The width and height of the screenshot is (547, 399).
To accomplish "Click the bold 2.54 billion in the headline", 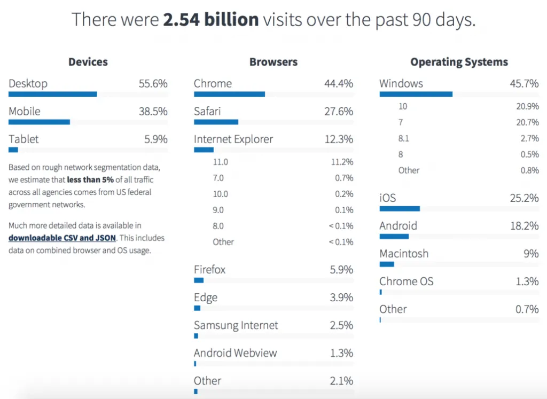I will click(x=211, y=20).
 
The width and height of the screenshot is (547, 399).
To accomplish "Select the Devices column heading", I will click(x=88, y=62).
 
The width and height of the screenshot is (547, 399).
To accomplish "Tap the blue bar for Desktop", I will click(x=53, y=94).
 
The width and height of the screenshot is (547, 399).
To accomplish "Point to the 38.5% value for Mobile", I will click(x=152, y=111).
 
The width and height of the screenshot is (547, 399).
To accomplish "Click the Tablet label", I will click(x=24, y=139).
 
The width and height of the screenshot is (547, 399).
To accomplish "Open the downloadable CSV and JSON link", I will click(x=62, y=238).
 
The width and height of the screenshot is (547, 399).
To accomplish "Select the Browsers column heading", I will click(x=273, y=62).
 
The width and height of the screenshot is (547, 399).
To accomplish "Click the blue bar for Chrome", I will click(x=229, y=94).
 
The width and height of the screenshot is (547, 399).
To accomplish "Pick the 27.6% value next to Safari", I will click(x=339, y=111).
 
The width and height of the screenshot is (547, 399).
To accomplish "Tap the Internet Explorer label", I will click(x=233, y=139).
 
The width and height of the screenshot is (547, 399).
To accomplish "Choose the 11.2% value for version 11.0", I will click(x=342, y=162).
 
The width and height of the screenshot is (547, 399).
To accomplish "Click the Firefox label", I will click(x=210, y=269).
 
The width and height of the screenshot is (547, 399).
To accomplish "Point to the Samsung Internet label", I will click(x=236, y=325).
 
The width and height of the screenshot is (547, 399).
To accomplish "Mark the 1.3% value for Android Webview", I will click(x=341, y=353).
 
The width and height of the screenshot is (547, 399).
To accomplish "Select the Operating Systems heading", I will click(x=459, y=62).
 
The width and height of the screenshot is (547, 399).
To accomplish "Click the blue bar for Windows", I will click(x=416, y=94).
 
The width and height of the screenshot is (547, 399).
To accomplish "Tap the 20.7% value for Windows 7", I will click(x=527, y=122).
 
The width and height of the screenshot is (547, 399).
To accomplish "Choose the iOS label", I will click(x=388, y=198).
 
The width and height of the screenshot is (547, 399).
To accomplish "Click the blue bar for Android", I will click(x=394, y=236).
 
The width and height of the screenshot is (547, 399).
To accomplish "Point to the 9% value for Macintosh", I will click(x=531, y=253).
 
